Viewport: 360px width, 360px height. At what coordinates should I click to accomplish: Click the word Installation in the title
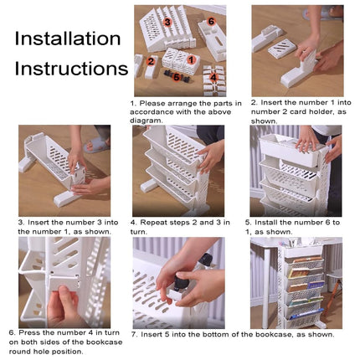point(68,39)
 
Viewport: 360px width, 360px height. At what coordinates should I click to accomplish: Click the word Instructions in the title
point(71,69)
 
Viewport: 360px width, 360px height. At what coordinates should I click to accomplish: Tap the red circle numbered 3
point(167,22)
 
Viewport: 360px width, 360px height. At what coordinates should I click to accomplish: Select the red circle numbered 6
point(211,21)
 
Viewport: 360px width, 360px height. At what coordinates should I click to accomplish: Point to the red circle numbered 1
point(191,59)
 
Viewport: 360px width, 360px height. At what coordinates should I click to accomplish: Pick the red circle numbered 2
point(151,61)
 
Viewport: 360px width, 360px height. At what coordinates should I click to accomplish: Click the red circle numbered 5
point(177,77)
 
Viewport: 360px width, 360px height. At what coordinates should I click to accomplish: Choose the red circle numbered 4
point(213,77)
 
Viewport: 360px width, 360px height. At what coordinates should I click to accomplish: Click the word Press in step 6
point(29,332)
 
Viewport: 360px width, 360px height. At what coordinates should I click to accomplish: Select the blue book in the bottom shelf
point(306,314)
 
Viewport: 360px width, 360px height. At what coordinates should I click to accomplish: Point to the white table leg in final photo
point(267,288)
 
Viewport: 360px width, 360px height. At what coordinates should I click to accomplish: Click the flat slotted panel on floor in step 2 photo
point(282,49)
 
